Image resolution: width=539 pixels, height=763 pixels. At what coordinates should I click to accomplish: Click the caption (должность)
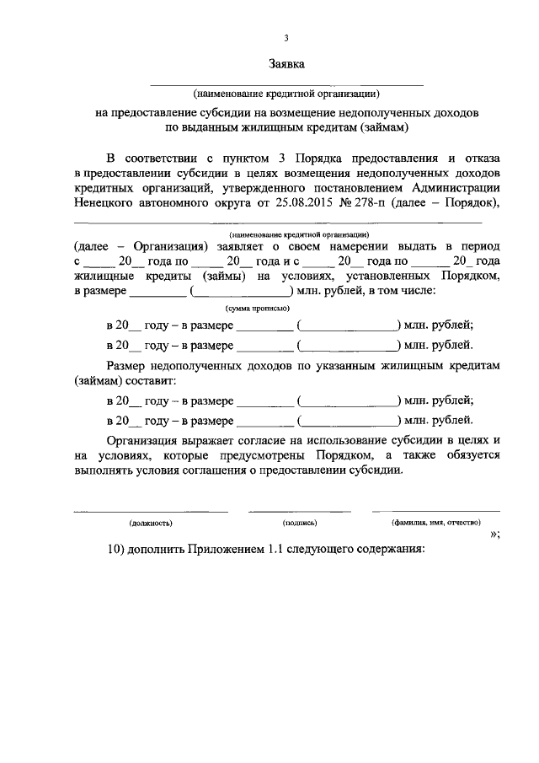[151, 523]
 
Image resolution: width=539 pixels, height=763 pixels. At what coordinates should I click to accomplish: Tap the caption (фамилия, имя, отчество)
[435, 523]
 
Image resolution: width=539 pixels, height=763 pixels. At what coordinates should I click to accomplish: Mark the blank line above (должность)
[151, 511]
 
